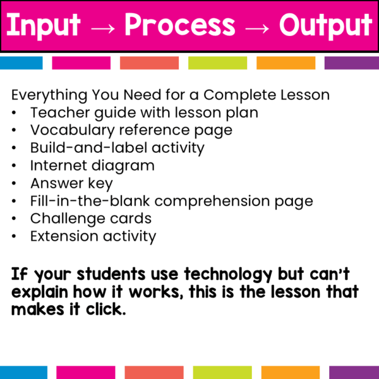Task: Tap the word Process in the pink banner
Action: pyautogui.click(x=179, y=25)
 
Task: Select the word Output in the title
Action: pyautogui.click(x=325, y=25)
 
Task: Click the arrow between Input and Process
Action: pyautogui.click(x=102, y=27)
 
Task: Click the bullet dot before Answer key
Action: pyautogui.click(x=15, y=184)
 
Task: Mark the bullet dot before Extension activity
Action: pyautogui.click(x=15, y=238)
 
